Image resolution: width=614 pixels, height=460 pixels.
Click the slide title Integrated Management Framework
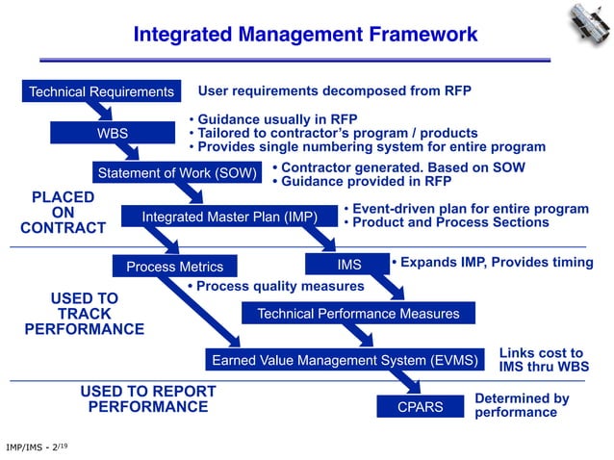pos(305,35)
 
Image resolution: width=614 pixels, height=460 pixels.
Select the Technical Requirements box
pos(101,92)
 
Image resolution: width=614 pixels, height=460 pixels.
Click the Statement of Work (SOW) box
pos(175,173)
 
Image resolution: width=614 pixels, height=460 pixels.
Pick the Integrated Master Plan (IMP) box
pos(229,217)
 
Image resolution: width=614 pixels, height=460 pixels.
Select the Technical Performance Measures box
pos(358,314)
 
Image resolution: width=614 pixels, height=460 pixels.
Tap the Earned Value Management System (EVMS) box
pos(345,361)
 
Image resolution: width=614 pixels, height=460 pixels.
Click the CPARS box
pos(420,407)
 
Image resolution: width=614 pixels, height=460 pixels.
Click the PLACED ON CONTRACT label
pos(63,213)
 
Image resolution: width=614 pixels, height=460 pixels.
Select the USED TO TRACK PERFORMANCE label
pos(84,314)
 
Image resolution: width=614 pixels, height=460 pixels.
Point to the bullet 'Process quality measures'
pos(275,286)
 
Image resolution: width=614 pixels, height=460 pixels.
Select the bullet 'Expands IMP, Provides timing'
pos(492,262)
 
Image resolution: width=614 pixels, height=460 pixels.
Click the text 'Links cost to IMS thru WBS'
pos(541,360)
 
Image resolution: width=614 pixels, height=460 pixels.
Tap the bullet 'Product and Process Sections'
pos(447,222)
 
